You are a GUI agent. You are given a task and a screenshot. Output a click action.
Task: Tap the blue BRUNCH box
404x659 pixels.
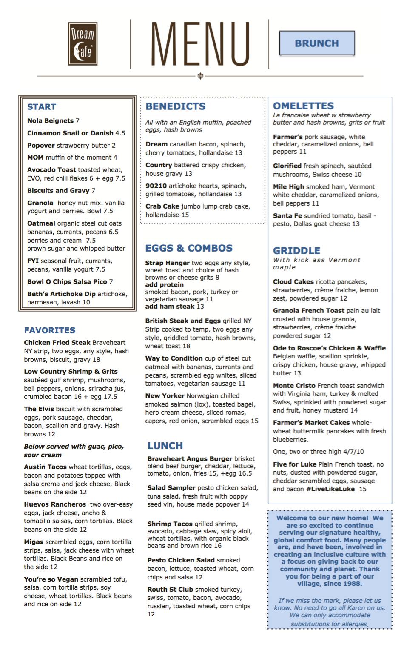click(317, 43)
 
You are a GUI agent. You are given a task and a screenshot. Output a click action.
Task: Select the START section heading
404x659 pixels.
click(41, 107)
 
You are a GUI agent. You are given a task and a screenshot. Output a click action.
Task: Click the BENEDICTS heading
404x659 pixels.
click(176, 106)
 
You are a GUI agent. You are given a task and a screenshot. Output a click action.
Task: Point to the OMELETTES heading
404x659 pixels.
click(303, 106)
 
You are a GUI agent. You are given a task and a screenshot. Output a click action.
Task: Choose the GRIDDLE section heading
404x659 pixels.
click(296, 251)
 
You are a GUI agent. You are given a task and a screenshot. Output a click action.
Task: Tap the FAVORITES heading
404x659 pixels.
click(49, 330)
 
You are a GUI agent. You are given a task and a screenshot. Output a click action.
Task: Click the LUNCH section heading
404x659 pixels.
click(165, 446)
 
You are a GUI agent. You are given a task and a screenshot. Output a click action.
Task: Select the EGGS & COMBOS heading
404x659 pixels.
click(189, 248)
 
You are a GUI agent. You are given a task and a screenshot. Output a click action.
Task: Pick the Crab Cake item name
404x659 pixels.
click(162, 206)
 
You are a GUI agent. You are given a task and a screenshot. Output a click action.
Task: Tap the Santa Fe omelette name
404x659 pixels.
click(287, 216)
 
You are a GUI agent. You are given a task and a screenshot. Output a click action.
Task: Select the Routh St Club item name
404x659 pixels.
click(170, 590)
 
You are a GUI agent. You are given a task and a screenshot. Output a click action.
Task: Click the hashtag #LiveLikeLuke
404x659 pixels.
click(330, 489)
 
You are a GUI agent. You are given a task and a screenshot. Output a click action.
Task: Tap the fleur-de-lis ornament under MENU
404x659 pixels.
click(200, 76)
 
